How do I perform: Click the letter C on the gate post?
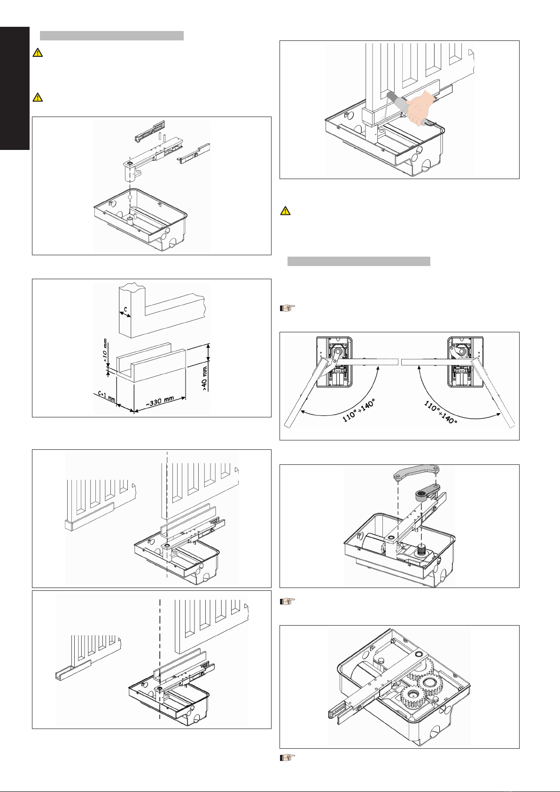(124, 310)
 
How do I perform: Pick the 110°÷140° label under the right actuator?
(441, 412)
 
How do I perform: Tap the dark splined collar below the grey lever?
(426, 494)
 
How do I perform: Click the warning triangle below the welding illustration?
(285, 211)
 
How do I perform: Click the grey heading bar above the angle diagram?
(358, 261)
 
